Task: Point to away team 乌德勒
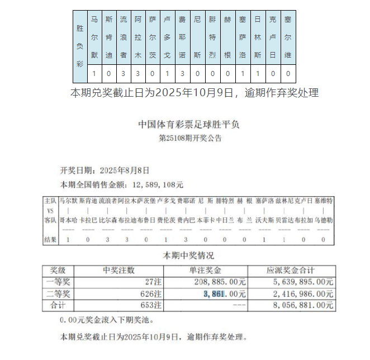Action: pyautogui.click(x=324, y=220)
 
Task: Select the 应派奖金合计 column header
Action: pyautogui.click(x=292, y=271)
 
